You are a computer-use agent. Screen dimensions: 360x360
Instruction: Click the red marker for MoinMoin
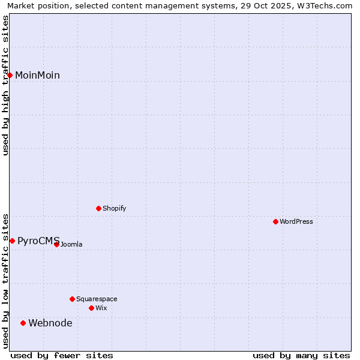click(x=10, y=75)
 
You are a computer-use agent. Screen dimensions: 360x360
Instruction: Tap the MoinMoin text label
click(x=37, y=75)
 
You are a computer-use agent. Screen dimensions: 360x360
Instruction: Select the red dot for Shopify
click(x=98, y=208)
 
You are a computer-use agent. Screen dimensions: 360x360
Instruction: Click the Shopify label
click(x=114, y=208)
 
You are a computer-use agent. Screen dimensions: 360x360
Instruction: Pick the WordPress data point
click(x=275, y=221)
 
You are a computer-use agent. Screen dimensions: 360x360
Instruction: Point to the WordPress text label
click(x=296, y=221)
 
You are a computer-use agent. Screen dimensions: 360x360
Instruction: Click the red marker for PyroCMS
click(x=12, y=241)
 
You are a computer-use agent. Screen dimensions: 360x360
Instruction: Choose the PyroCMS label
click(x=38, y=241)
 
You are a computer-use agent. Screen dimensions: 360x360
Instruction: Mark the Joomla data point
click(x=56, y=244)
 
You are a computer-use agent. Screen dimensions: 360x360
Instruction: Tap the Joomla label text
click(x=71, y=244)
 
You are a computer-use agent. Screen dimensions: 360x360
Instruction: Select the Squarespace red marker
click(x=72, y=299)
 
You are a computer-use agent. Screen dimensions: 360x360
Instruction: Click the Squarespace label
click(x=97, y=299)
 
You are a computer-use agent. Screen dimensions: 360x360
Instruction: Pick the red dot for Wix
click(x=91, y=308)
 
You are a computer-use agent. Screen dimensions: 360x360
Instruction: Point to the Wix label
click(x=101, y=308)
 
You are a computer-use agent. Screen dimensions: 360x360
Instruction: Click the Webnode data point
click(x=23, y=323)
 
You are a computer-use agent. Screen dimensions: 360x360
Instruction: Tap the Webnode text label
click(x=50, y=323)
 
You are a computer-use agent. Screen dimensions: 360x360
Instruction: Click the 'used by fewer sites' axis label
click(x=62, y=355)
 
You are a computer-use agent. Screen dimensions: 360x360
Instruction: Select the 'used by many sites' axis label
click(x=301, y=355)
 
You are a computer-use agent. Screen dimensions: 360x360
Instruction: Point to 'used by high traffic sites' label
click(x=6, y=85)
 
